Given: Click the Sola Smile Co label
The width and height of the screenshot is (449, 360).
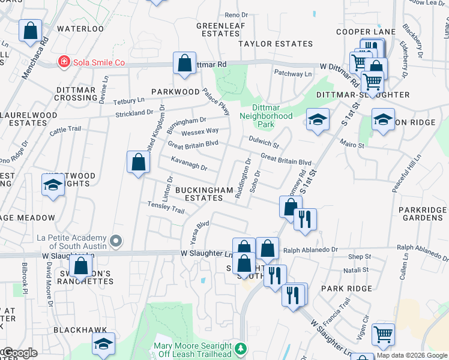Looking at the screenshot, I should coord(98,62).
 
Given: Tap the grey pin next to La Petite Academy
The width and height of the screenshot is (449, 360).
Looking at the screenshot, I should coord(117,241).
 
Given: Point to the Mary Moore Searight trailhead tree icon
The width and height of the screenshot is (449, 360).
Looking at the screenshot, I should coord(241,349).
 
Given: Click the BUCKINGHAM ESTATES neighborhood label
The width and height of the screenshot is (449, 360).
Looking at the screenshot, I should coord(203,194).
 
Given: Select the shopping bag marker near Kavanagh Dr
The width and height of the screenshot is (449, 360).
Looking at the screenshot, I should coord(138,162).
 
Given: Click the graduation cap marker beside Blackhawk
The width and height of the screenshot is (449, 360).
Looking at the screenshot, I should coord(103,343).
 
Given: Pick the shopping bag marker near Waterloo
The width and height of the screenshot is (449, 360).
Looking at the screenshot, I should coord(29,31).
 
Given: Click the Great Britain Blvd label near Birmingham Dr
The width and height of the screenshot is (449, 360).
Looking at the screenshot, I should coord(193,145).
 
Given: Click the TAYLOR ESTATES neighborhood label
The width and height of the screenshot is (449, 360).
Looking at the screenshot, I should coord(276,44).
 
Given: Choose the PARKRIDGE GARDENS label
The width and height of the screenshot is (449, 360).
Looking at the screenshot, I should coord(423,214).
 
